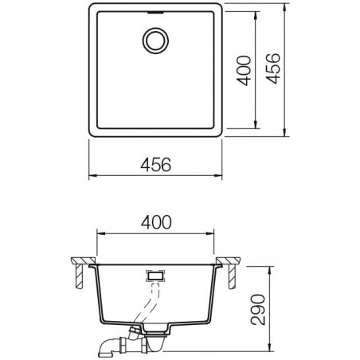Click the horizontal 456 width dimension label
(156, 165)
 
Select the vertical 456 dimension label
(272, 68)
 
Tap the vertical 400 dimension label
(244, 70)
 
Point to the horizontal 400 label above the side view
(156, 222)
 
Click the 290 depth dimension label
(258, 309)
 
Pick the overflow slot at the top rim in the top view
(156, 12)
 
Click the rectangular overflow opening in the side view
(155, 276)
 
